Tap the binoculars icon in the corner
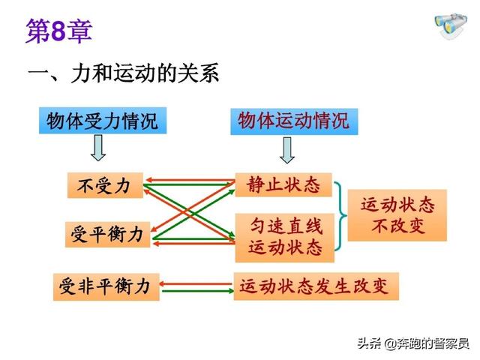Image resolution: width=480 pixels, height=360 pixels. click(x=451, y=27)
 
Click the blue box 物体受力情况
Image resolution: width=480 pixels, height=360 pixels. click(x=102, y=121)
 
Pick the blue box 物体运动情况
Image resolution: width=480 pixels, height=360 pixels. click(x=294, y=121)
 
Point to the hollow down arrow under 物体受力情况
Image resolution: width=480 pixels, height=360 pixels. click(x=98, y=149)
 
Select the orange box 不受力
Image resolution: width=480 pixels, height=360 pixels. click(x=104, y=185)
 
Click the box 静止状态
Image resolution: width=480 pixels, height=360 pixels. click(x=283, y=184)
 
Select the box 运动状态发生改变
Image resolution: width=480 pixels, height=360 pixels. click(x=315, y=286)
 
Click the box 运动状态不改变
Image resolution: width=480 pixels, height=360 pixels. click(x=397, y=214)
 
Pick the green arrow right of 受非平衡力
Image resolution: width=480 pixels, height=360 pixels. click(x=196, y=291)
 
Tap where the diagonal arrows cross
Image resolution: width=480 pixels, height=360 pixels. click(x=189, y=209)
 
